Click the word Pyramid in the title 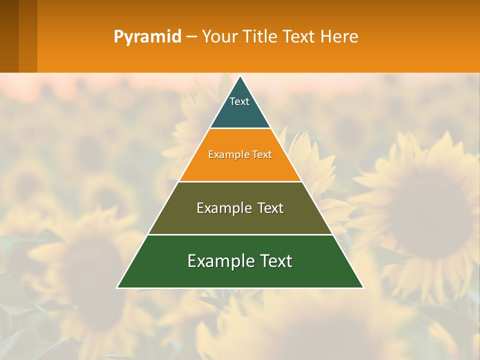point(147,37)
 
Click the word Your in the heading point(219,36)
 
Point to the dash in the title point(191,37)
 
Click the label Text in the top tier point(239,101)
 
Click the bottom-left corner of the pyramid point(118,287)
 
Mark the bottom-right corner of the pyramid point(362,287)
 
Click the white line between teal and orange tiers point(240,128)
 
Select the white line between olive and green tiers point(240,234)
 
